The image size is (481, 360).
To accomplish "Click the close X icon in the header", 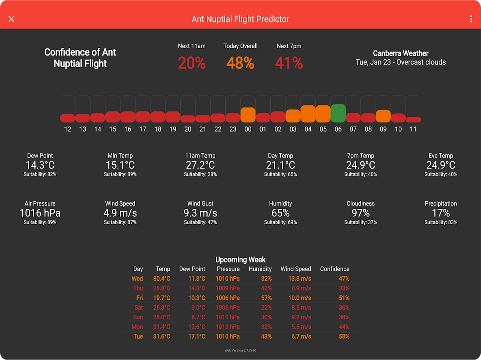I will point(12,18).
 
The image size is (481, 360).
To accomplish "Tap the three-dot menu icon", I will point(471,19).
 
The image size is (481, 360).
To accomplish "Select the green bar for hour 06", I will point(338,113).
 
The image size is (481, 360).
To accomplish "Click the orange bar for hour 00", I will point(248,115).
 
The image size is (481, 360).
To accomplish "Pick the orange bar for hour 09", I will point(383,116).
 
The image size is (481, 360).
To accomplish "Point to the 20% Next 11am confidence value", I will point(192,63).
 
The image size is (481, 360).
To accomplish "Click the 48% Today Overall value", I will point(240,63).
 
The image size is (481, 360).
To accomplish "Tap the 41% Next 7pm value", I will point(289,63).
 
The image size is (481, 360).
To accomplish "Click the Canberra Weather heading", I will point(401,53).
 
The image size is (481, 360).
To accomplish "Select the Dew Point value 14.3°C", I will point(40,165).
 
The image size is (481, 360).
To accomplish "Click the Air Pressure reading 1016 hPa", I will point(40,213).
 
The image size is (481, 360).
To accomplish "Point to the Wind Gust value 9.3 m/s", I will point(200,213).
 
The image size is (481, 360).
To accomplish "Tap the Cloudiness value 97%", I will point(361,213).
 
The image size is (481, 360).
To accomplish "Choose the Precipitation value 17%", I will point(441,213).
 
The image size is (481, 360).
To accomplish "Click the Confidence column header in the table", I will point(335,269).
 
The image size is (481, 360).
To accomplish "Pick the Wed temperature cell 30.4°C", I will point(162,279).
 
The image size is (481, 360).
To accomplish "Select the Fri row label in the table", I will point(140,298).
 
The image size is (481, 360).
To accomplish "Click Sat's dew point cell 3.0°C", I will point(197,307).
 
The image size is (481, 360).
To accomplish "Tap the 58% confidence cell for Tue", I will point(344,337).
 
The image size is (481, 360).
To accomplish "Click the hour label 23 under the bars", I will point(233,129).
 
